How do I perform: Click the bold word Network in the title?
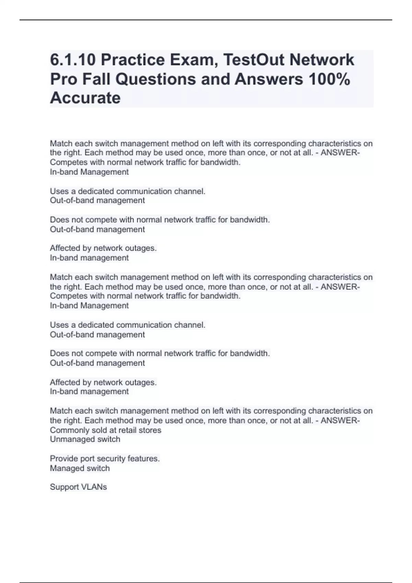click(322, 60)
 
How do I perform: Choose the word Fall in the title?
click(96, 79)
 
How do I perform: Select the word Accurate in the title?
click(85, 98)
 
